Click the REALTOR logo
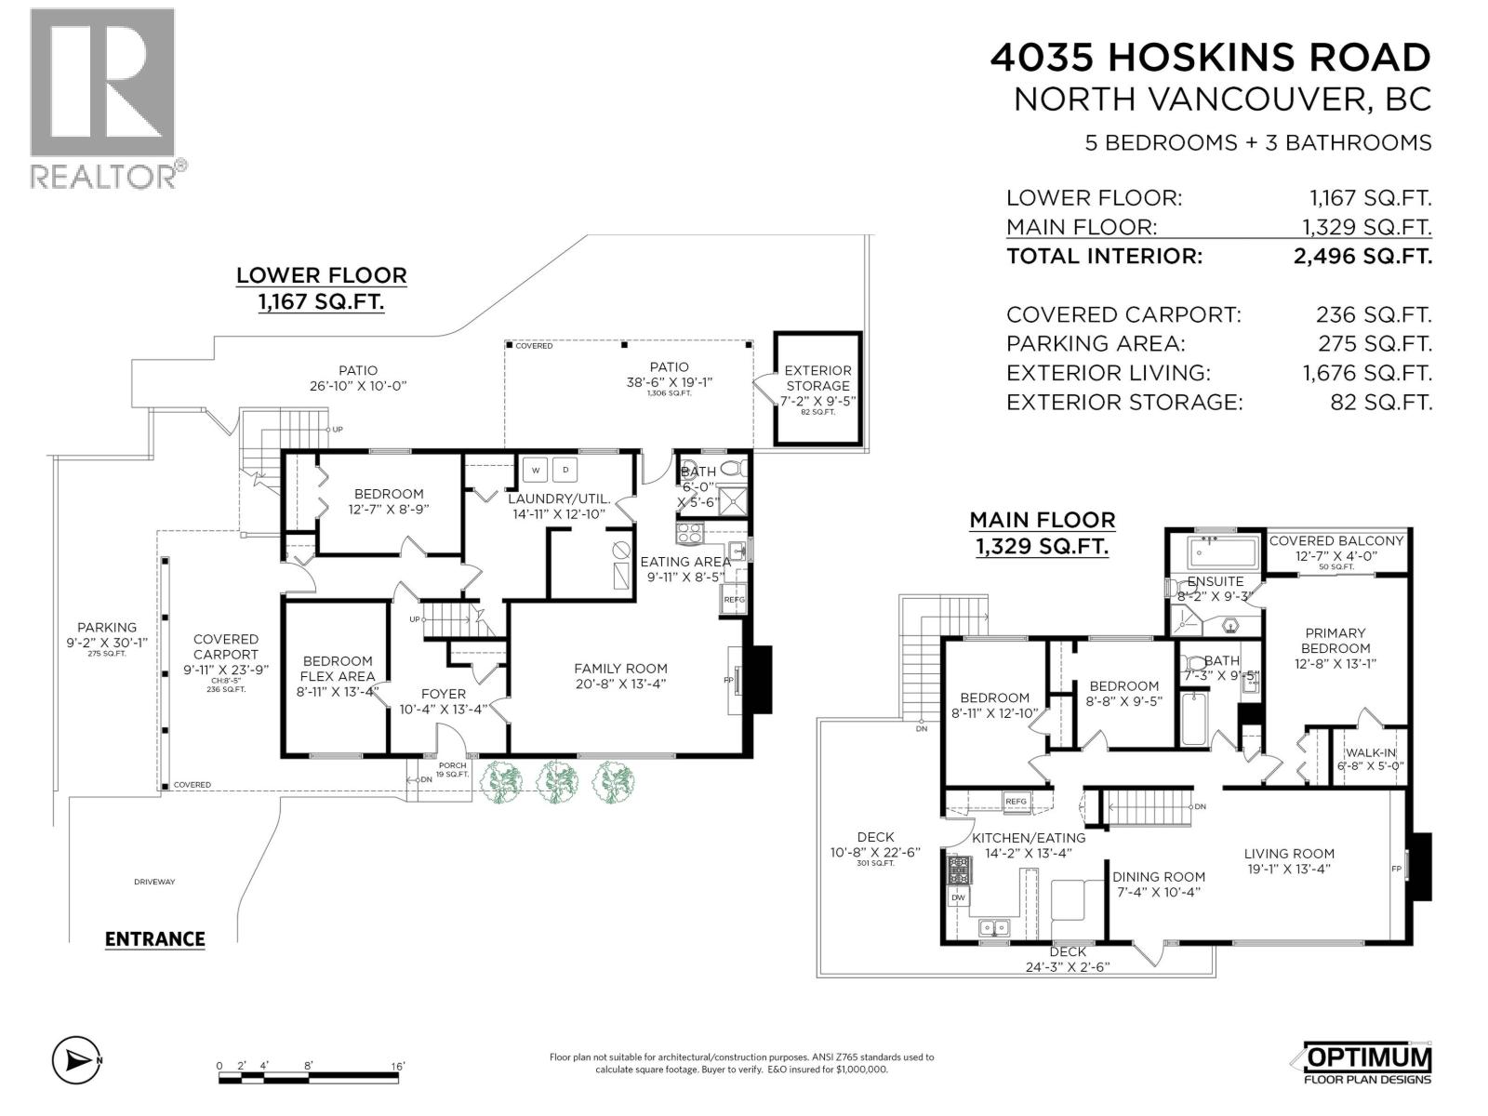click(x=102, y=98)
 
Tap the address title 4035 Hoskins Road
click(x=1210, y=58)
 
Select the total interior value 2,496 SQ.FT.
click(x=1362, y=257)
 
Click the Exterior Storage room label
click(x=817, y=379)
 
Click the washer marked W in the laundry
click(x=536, y=471)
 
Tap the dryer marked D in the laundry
click(x=566, y=471)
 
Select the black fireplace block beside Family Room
click(x=760, y=680)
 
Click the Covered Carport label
click(x=225, y=647)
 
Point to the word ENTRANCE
click(x=154, y=939)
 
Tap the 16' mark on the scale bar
click(x=397, y=1066)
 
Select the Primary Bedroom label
click(x=1335, y=641)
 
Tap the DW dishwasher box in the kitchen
click(x=958, y=898)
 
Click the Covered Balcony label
click(x=1336, y=541)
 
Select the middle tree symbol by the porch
click(x=557, y=782)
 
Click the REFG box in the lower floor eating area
click(x=734, y=600)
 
